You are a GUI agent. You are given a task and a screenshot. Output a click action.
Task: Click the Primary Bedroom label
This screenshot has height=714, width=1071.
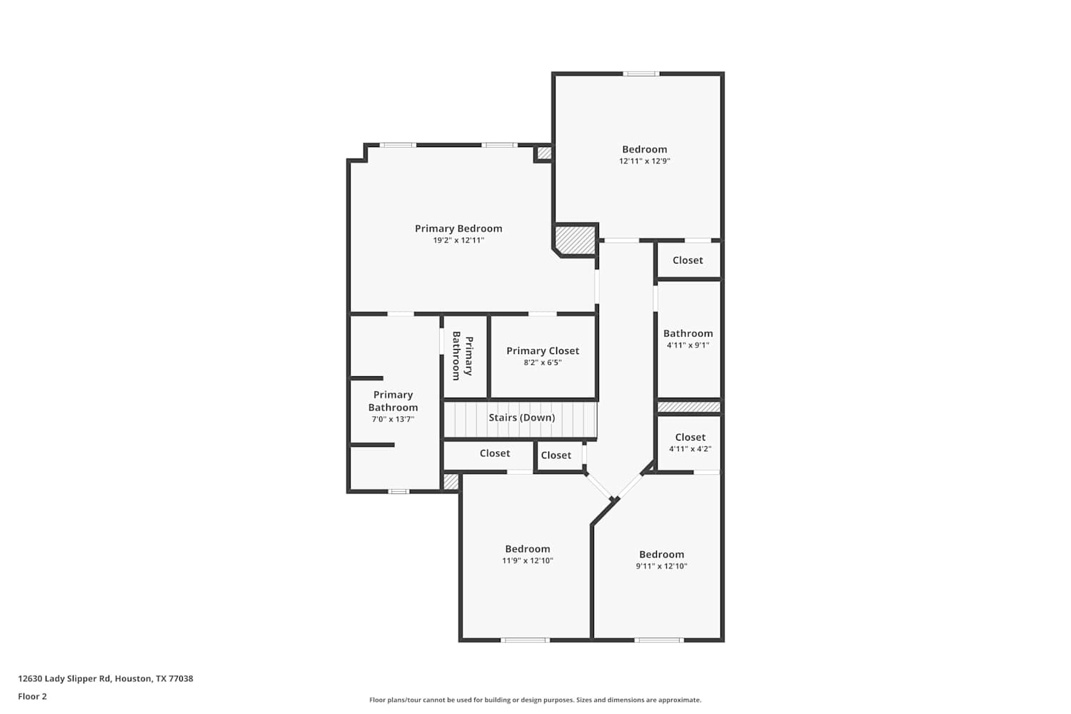(x=458, y=228)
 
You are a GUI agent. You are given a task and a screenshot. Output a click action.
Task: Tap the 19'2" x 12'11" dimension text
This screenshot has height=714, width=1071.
(x=458, y=240)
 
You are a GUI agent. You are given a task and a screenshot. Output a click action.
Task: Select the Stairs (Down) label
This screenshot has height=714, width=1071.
(x=522, y=418)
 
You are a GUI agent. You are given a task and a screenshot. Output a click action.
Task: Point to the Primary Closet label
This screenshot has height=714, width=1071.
(x=543, y=351)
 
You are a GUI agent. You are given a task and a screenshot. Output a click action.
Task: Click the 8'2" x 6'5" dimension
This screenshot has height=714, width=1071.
(x=543, y=363)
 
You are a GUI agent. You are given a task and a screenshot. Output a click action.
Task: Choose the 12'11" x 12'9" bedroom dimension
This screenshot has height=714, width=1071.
(x=645, y=161)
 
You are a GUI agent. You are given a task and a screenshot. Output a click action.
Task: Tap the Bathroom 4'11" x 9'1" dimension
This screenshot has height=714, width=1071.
(x=688, y=346)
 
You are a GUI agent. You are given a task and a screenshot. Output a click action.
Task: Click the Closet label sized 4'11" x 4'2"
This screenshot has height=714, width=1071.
(x=690, y=437)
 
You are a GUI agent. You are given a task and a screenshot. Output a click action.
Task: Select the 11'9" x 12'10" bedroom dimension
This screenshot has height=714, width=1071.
(x=528, y=560)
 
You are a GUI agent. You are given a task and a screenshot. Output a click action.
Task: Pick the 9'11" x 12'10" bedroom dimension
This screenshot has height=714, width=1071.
(x=662, y=566)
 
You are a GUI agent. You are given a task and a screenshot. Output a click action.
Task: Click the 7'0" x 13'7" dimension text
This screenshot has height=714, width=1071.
(x=393, y=419)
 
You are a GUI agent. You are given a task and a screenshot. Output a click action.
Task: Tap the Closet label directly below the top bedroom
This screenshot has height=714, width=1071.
(x=688, y=260)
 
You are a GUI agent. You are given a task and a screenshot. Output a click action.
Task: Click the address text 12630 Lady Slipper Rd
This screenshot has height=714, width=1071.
(x=64, y=678)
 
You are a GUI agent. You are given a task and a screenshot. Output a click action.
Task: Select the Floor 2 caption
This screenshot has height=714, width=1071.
(x=33, y=696)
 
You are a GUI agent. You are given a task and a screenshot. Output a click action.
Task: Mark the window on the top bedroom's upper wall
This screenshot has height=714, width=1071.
(x=641, y=74)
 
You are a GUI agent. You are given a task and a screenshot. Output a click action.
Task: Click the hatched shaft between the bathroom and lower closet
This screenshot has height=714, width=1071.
(x=689, y=407)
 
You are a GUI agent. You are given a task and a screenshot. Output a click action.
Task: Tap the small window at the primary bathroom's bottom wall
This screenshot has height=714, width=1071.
(x=398, y=491)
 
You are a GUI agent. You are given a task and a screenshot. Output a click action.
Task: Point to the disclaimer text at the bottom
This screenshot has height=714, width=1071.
(x=535, y=700)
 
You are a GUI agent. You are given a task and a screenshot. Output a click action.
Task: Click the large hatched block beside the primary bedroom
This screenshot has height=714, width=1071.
(x=575, y=240)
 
